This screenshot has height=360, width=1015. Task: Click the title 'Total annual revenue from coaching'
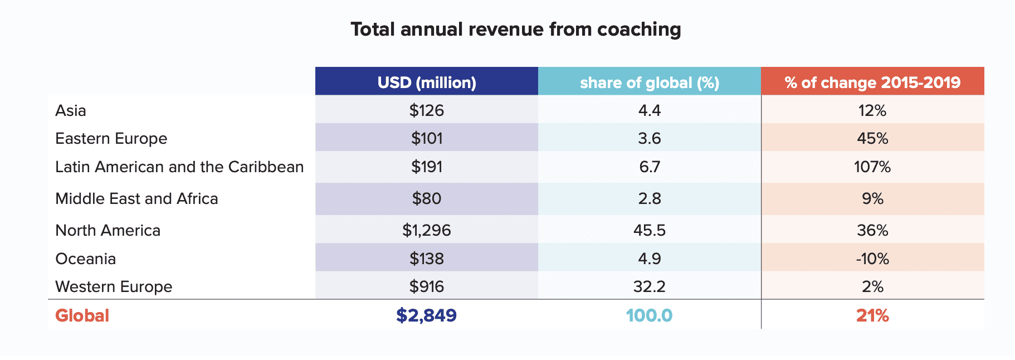coord(515,30)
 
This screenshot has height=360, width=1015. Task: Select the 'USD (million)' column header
coord(427,82)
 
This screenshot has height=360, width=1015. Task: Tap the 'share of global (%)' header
coord(650,82)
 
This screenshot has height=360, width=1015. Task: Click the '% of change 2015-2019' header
coord(872,82)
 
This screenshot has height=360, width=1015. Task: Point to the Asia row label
coord(71,110)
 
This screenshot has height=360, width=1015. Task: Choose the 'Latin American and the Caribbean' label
coord(179,167)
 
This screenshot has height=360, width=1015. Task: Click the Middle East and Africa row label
coord(136,198)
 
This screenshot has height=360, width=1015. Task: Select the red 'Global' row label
coord(82,315)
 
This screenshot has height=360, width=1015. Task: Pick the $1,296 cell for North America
coord(427,230)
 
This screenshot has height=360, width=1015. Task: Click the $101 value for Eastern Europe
coord(427,138)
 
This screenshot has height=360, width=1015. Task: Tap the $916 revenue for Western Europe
coord(427,286)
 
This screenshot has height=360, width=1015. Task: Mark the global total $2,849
coord(427,315)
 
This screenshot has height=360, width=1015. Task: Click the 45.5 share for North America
coord(650,230)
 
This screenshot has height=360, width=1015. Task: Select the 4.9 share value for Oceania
coord(650,259)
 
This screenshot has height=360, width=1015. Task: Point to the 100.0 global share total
coord(650,315)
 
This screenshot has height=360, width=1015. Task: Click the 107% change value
coord(872,167)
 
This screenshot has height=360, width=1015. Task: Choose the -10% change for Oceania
coord(872,259)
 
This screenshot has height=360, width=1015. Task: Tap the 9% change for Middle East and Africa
coord(872,198)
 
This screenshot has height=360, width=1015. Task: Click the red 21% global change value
coord(872,315)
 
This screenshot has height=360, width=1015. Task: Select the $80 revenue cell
coord(427,198)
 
